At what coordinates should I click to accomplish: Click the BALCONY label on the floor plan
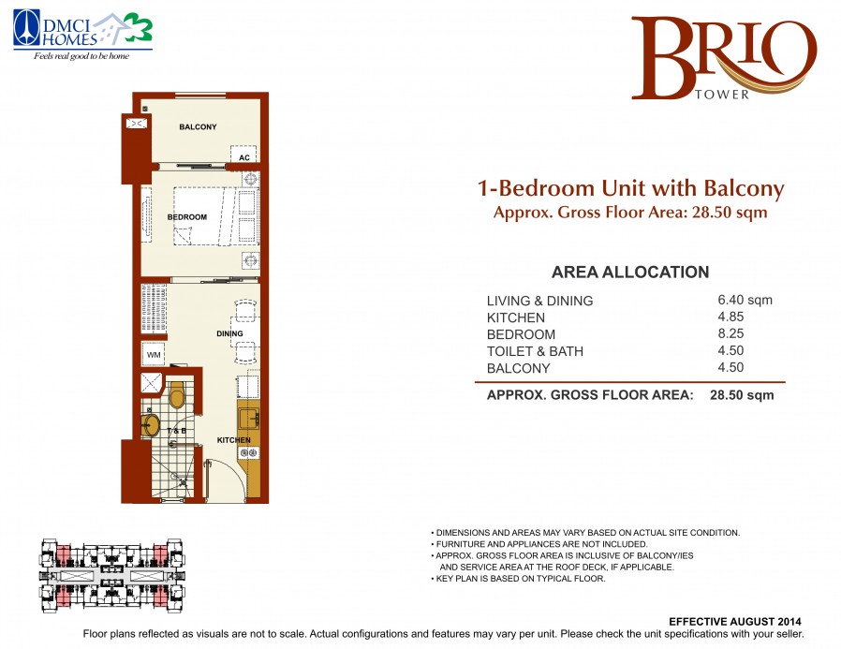(198, 126)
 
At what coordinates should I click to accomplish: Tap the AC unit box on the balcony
(244, 154)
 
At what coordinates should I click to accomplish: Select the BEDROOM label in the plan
(186, 216)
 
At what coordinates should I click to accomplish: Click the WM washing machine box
(154, 354)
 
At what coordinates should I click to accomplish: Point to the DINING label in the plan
(229, 333)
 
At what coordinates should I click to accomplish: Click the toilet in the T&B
(176, 395)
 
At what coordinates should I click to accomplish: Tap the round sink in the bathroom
(151, 425)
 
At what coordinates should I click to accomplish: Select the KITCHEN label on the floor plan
(233, 440)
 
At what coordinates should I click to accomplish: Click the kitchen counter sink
(249, 419)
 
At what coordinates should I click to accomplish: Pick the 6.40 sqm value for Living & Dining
(745, 300)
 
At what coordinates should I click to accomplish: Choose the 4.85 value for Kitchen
(730, 317)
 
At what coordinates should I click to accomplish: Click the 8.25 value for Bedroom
(730, 333)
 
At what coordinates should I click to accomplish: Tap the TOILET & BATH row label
(535, 351)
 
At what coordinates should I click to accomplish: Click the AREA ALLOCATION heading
(630, 272)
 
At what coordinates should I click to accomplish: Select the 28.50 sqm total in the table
(742, 395)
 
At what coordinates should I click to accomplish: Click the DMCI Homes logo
(82, 36)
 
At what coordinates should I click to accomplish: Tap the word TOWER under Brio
(722, 95)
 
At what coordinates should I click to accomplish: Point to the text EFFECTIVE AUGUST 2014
(735, 622)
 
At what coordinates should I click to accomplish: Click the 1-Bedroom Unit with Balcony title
(631, 188)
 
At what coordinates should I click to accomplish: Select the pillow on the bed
(183, 235)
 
